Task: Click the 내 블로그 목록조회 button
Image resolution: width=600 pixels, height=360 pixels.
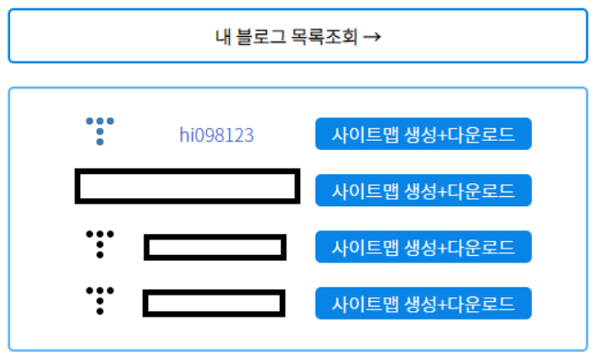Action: tap(298, 36)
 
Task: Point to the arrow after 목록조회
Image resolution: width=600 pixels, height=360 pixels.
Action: tap(372, 37)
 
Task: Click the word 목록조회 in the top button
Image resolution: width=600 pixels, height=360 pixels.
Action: tap(324, 37)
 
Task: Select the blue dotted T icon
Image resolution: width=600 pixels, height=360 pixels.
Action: tap(100, 132)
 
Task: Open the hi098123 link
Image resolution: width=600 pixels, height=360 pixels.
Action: tap(216, 134)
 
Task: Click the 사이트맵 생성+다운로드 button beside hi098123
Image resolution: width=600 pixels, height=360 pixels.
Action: tap(423, 134)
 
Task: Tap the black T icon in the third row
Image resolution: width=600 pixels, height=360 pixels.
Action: tap(100, 244)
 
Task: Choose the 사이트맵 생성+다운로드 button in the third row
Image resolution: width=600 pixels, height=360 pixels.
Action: tap(423, 247)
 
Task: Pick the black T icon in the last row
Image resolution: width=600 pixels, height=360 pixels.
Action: tap(100, 301)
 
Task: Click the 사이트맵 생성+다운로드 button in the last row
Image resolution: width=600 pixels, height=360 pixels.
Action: tap(423, 303)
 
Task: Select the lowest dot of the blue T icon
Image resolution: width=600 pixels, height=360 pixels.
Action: tap(100, 142)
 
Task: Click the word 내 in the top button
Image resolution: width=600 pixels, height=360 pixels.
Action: tap(223, 37)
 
